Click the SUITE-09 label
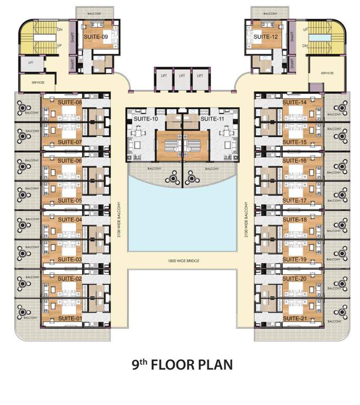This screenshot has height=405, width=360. (x=96, y=37)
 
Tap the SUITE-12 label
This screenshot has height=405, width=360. (x=266, y=37)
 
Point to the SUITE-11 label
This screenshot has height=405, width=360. (x=214, y=119)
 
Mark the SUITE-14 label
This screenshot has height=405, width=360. (x=295, y=102)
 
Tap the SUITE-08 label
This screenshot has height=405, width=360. (x=69, y=102)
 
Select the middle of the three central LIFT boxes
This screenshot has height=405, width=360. (x=182, y=76)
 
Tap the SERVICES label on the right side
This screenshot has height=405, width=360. (x=327, y=73)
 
